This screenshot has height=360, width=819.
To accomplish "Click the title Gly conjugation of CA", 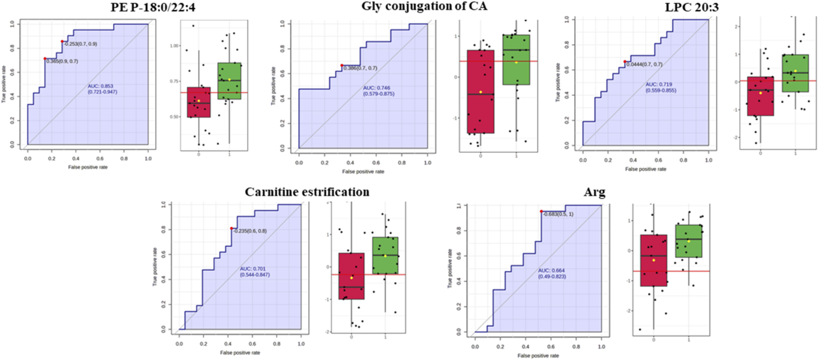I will [x=424, y=6].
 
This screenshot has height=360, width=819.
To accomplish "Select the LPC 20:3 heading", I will [x=691, y=7].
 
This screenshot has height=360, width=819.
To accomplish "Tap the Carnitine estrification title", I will [x=307, y=192].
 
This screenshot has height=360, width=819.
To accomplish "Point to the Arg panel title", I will [x=594, y=192].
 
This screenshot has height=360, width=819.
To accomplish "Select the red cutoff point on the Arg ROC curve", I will [x=541, y=212].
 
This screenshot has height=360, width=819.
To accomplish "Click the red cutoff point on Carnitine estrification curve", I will [x=232, y=228].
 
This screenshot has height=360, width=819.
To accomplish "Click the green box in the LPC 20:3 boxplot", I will [x=795, y=73].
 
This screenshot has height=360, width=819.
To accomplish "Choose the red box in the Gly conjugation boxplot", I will [x=480, y=92].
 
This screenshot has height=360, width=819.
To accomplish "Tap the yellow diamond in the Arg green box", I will [x=689, y=241].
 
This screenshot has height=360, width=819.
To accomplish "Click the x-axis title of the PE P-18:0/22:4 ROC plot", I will [x=88, y=167].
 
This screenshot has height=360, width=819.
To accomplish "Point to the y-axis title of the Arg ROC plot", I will [x=449, y=268].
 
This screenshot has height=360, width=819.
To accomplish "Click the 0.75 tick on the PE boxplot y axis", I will [x=175, y=81].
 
